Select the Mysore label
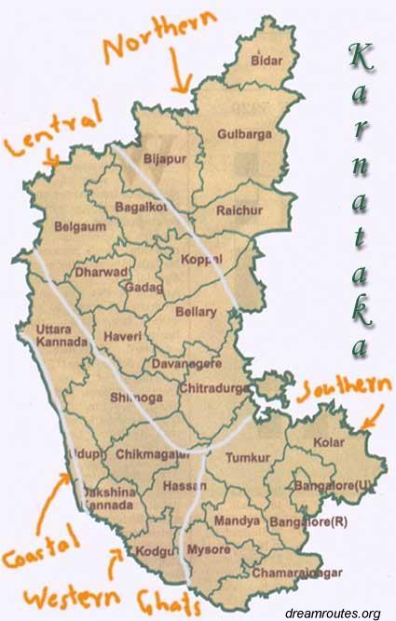click(x=208, y=550)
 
